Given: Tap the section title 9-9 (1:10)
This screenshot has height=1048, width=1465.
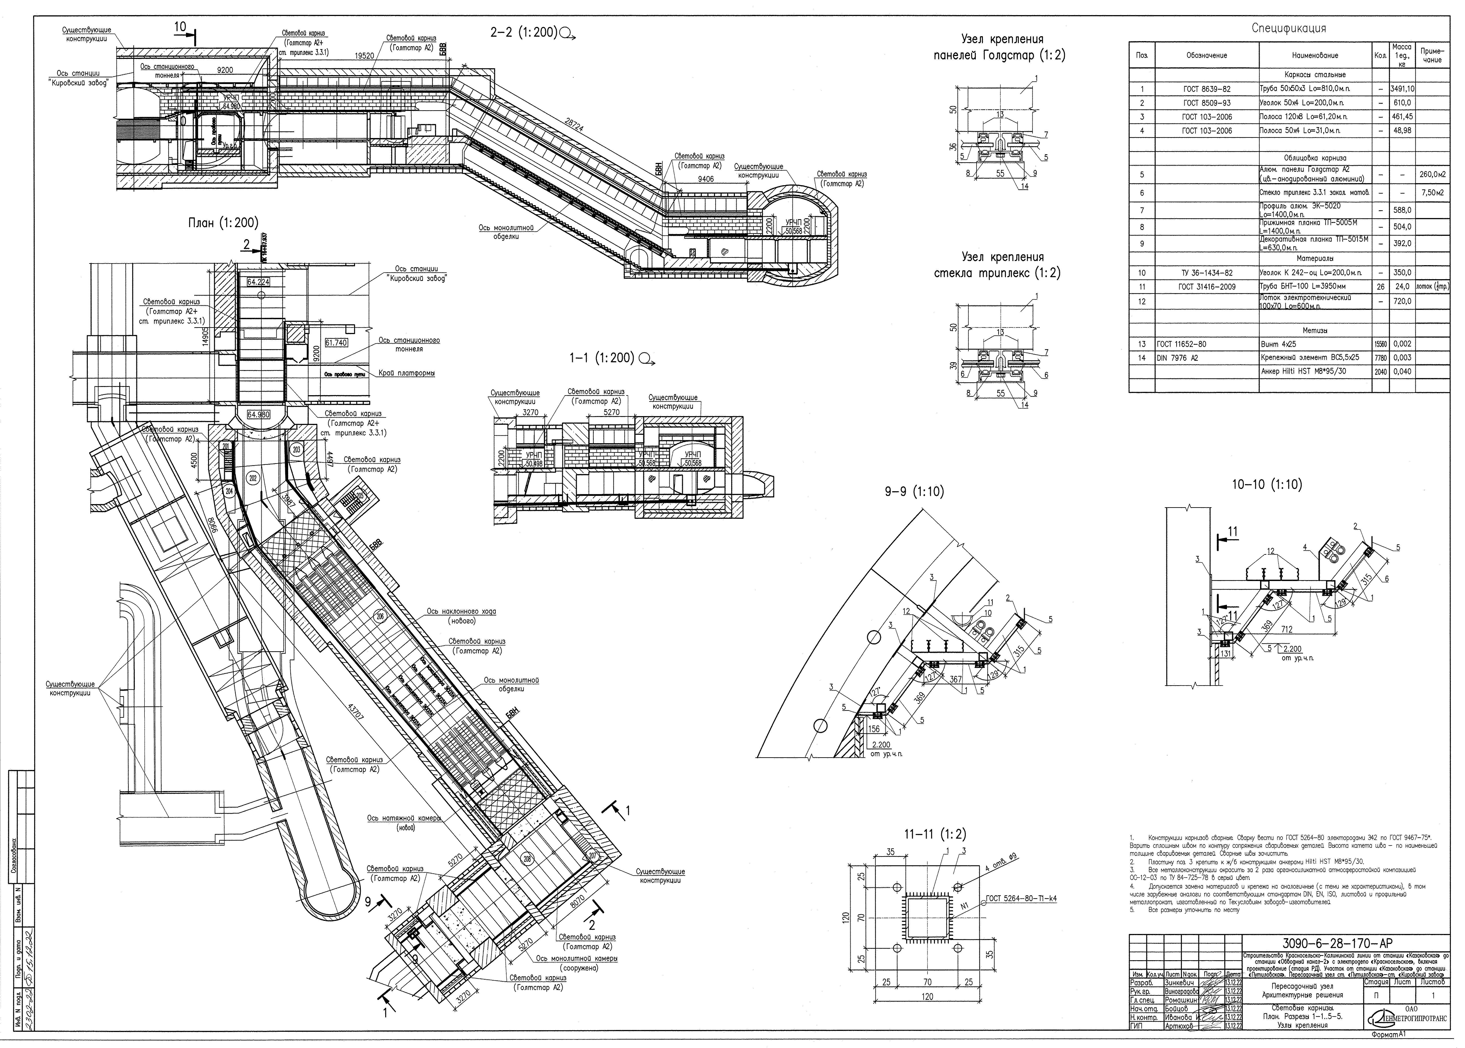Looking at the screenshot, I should pos(914,492).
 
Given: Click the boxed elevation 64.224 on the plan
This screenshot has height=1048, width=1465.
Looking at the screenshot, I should pos(258,282).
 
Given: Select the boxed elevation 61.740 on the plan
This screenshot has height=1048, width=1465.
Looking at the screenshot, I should pos(336,343).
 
